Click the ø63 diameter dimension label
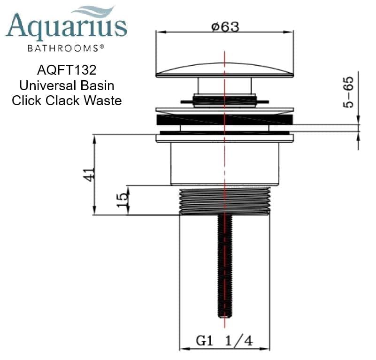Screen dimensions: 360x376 (225, 27)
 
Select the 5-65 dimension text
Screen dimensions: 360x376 (349, 93)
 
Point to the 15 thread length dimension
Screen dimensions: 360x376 (122, 200)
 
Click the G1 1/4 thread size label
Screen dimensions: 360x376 (224, 341)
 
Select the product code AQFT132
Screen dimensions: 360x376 (66, 70)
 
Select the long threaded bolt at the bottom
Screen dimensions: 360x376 (224, 268)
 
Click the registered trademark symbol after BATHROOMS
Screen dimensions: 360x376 (101, 47)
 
